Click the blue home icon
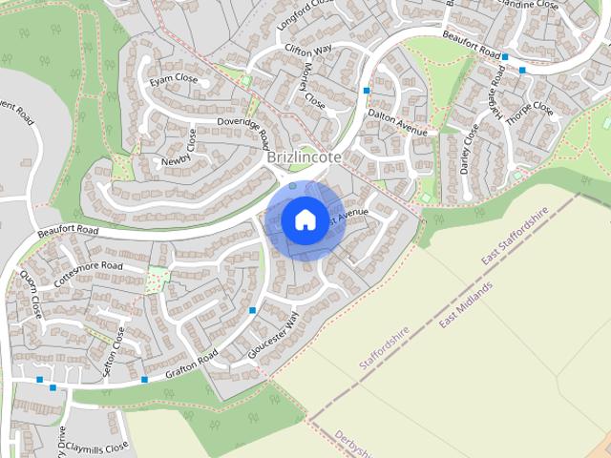(304, 219)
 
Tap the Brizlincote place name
(305, 156)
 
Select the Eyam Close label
(174, 77)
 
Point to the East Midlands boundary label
(466, 305)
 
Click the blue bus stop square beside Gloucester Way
(252, 310)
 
